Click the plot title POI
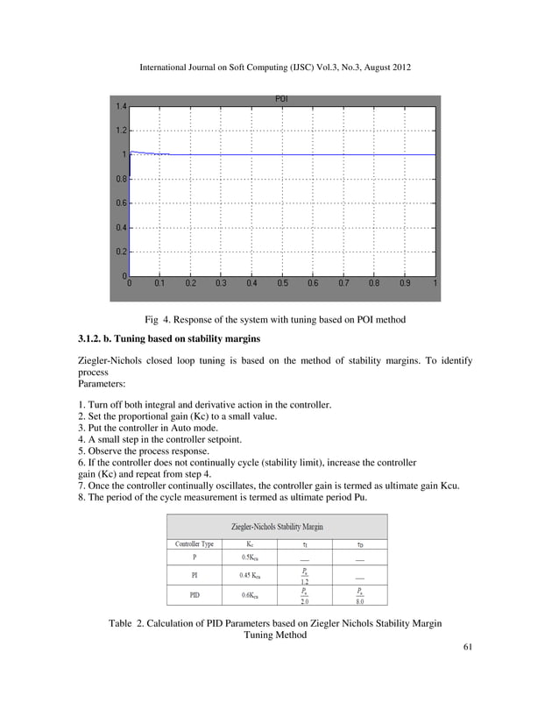[x=282, y=99]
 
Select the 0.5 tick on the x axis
[x=282, y=284]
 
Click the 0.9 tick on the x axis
[x=404, y=284]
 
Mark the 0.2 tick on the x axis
[x=190, y=284]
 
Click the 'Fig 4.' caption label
[x=159, y=320]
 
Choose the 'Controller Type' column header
[x=195, y=543]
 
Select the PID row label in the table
[x=194, y=594]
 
